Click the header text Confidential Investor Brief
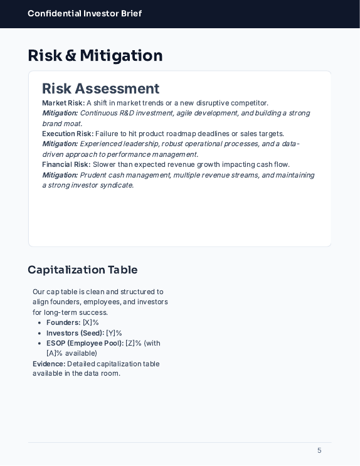pos(85,14)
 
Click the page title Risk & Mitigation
pos(95,56)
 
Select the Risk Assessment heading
pos(100,89)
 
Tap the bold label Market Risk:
pos(63,103)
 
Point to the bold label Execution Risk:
pos(68,134)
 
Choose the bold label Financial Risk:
pos(66,164)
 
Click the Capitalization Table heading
pos(83,270)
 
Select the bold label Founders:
pos(63,322)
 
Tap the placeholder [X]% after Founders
pos(91,322)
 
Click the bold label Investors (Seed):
pos(75,333)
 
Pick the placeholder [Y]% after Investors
pos(114,333)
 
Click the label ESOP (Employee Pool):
pos(85,343)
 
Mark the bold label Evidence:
pos(49,364)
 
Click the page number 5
pos(319,450)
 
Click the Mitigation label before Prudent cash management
pos(60,175)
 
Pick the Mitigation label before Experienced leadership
pos(60,144)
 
